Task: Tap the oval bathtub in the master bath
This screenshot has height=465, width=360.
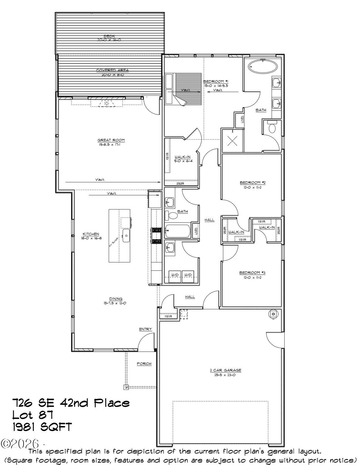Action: click(263, 66)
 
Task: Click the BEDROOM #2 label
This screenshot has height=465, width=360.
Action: click(252, 183)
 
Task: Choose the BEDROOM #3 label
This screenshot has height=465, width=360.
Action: click(252, 272)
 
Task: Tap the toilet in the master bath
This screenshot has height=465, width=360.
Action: click(272, 128)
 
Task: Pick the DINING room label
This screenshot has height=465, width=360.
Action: click(116, 299)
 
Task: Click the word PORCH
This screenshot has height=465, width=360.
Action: click(144, 364)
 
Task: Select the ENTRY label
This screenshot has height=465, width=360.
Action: click(145, 329)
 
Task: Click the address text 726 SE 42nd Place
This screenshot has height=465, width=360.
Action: click(71, 403)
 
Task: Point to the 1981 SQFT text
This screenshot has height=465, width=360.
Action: click(42, 427)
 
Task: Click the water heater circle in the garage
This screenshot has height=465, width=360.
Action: click(273, 314)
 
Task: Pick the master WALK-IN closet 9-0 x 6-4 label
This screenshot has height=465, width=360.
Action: click(183, 157)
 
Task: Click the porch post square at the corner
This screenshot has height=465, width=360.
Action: click(126, 387)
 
